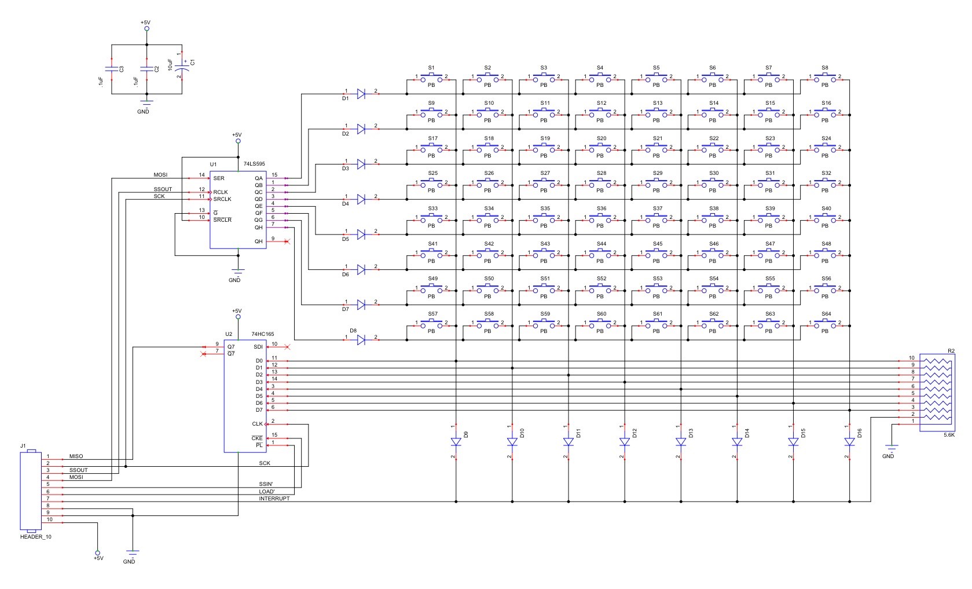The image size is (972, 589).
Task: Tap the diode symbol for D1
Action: [361, 93]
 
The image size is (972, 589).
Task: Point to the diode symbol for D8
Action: [361, 339]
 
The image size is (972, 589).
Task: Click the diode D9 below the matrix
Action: [456, 442]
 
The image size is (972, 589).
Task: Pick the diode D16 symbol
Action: [849, 442]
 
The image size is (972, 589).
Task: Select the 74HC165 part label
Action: [262, 334]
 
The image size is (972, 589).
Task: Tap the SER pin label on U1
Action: [218, 178]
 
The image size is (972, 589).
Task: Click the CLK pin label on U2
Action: [257, 424]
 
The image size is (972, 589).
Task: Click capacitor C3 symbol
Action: [111, 68]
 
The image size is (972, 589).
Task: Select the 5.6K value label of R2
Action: [949, 434]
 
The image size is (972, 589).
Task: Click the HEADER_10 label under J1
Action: [35, 537]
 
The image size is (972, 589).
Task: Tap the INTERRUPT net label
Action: [274, 498]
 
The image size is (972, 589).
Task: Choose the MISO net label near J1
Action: [76, 456]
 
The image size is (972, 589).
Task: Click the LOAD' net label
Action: [266, 491]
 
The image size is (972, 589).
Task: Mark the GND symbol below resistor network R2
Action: [891, 449]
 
